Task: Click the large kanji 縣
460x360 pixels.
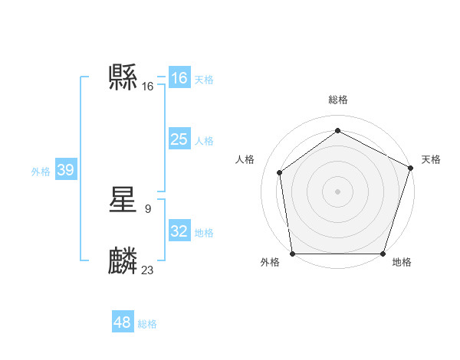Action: coord(123,77)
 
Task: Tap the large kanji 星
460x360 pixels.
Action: coord(123,201)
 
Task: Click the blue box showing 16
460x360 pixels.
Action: coord(179,78)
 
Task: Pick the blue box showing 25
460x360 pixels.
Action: coord(179,139)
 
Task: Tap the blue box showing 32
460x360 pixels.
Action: coord(179,231)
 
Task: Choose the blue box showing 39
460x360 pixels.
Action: coord(65,170)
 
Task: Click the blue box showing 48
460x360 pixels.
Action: coord(123,322)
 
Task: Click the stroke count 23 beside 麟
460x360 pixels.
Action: coord(148,270)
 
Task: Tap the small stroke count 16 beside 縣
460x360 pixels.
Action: coord(148,87)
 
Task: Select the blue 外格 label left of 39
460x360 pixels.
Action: coord(41,172)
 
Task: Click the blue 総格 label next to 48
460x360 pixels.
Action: coord(147,324)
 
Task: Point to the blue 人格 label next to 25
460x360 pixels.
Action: coord(204,141)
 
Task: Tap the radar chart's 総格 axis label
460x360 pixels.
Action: coord(337,100)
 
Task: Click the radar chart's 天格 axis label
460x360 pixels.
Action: coord(431,159)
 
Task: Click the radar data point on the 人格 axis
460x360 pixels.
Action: coord(280,172)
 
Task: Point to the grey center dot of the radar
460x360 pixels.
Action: coord(337,191)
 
